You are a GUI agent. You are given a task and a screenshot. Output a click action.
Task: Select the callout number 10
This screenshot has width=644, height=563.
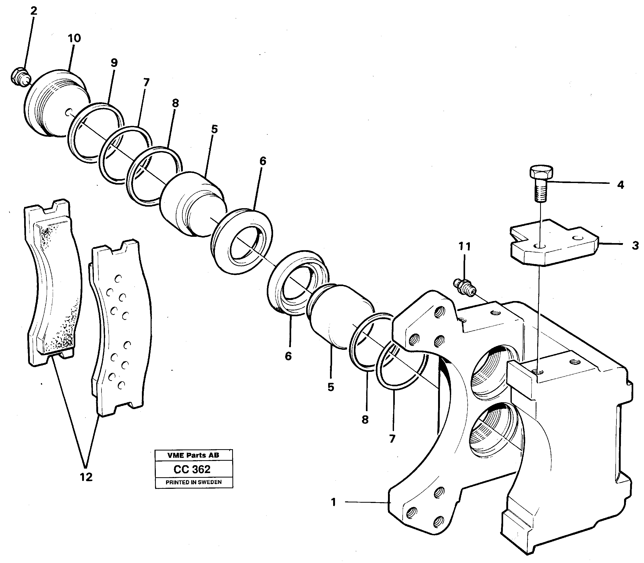74,38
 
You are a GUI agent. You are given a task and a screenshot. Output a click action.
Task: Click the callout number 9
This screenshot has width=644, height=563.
114,63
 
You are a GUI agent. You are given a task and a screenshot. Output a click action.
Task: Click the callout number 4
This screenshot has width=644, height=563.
620,185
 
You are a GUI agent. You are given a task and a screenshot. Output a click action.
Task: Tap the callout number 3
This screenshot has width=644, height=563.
635,245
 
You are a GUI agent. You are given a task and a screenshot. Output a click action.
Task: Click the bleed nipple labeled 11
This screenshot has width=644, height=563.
465,286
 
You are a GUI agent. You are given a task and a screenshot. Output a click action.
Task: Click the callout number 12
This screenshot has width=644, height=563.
86,477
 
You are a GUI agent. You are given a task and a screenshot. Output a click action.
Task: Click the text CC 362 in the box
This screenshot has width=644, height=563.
192,469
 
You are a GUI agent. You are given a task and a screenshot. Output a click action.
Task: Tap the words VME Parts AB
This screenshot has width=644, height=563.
193,455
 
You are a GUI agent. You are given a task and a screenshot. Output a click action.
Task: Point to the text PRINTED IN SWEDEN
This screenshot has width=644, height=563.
194,482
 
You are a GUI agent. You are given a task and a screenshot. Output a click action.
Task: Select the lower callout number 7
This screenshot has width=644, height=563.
392,439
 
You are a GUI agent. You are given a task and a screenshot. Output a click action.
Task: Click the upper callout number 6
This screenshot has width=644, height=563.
263,161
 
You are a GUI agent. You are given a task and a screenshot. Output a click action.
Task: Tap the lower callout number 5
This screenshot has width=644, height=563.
331,387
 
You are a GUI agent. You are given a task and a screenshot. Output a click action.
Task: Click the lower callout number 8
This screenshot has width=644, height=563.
365,419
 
